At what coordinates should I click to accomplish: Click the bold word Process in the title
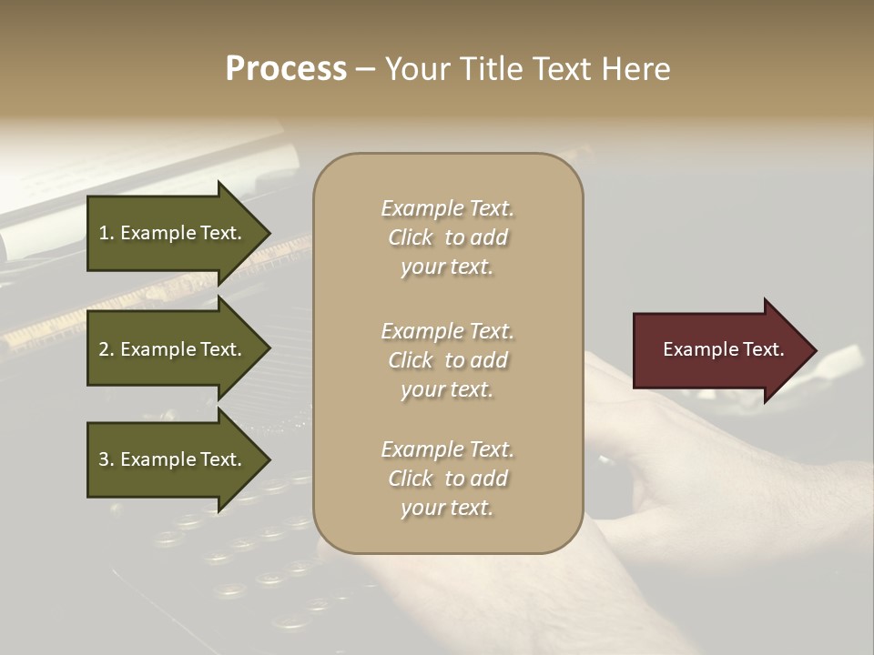pos(286,69)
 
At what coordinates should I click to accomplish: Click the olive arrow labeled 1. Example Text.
pos(173,233)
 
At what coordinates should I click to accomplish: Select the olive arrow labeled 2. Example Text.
pos(173,349)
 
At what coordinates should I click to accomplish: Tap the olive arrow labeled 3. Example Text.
pos(173,459)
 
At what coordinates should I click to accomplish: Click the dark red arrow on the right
pos(719,349)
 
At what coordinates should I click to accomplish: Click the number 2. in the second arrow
pos(107,349)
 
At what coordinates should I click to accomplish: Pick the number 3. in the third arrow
pos(107,459)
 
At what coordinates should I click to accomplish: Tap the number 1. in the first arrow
pos(107,233)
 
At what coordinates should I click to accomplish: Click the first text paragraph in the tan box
pos(447,237)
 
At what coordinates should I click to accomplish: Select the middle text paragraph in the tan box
pos(447,359)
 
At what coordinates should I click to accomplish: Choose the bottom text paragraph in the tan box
pos(447,479)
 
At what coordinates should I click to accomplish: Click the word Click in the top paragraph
pos(410,237)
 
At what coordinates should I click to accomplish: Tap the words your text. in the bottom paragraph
pos(447,509)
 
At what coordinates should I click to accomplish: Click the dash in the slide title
pos(365,70)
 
